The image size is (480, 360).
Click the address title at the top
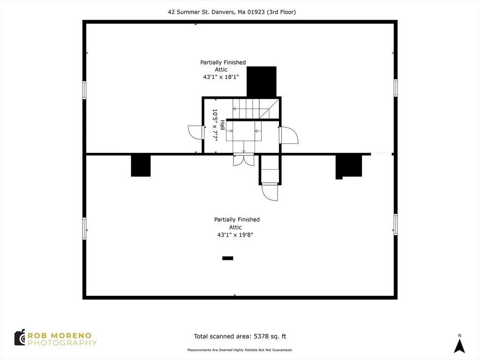[x=232, y=12]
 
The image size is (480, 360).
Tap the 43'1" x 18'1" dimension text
[x=221, y=77]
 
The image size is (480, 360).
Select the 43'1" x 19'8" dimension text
[x=235, y=235]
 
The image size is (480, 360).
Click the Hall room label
[x=223, y=125]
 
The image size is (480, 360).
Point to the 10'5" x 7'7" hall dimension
[x=215, y=125]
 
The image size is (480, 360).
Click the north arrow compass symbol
[x=459, y=344]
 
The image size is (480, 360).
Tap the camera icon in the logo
[x=20, y=337]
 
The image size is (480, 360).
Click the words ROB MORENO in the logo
[x=60, y=336]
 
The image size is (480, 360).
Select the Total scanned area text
[x=240, y=337]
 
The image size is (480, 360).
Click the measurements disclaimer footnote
[x=240, y=350]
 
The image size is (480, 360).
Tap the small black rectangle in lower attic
[x=227, y=258]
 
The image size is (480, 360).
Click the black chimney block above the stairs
[x=262, y=82]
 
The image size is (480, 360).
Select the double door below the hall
[x=243, y=160]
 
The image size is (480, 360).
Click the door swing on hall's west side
[x=195, y=133]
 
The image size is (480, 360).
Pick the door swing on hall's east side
[x=289, y=135]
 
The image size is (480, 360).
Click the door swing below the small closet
[x=270, y=192]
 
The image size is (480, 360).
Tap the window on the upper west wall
[x=84, y=90]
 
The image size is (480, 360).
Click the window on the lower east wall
[x=396, y=225]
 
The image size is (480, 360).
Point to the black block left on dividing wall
[x=141, y=165]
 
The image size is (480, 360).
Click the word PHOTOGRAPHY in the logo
[x=62, y=343]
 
